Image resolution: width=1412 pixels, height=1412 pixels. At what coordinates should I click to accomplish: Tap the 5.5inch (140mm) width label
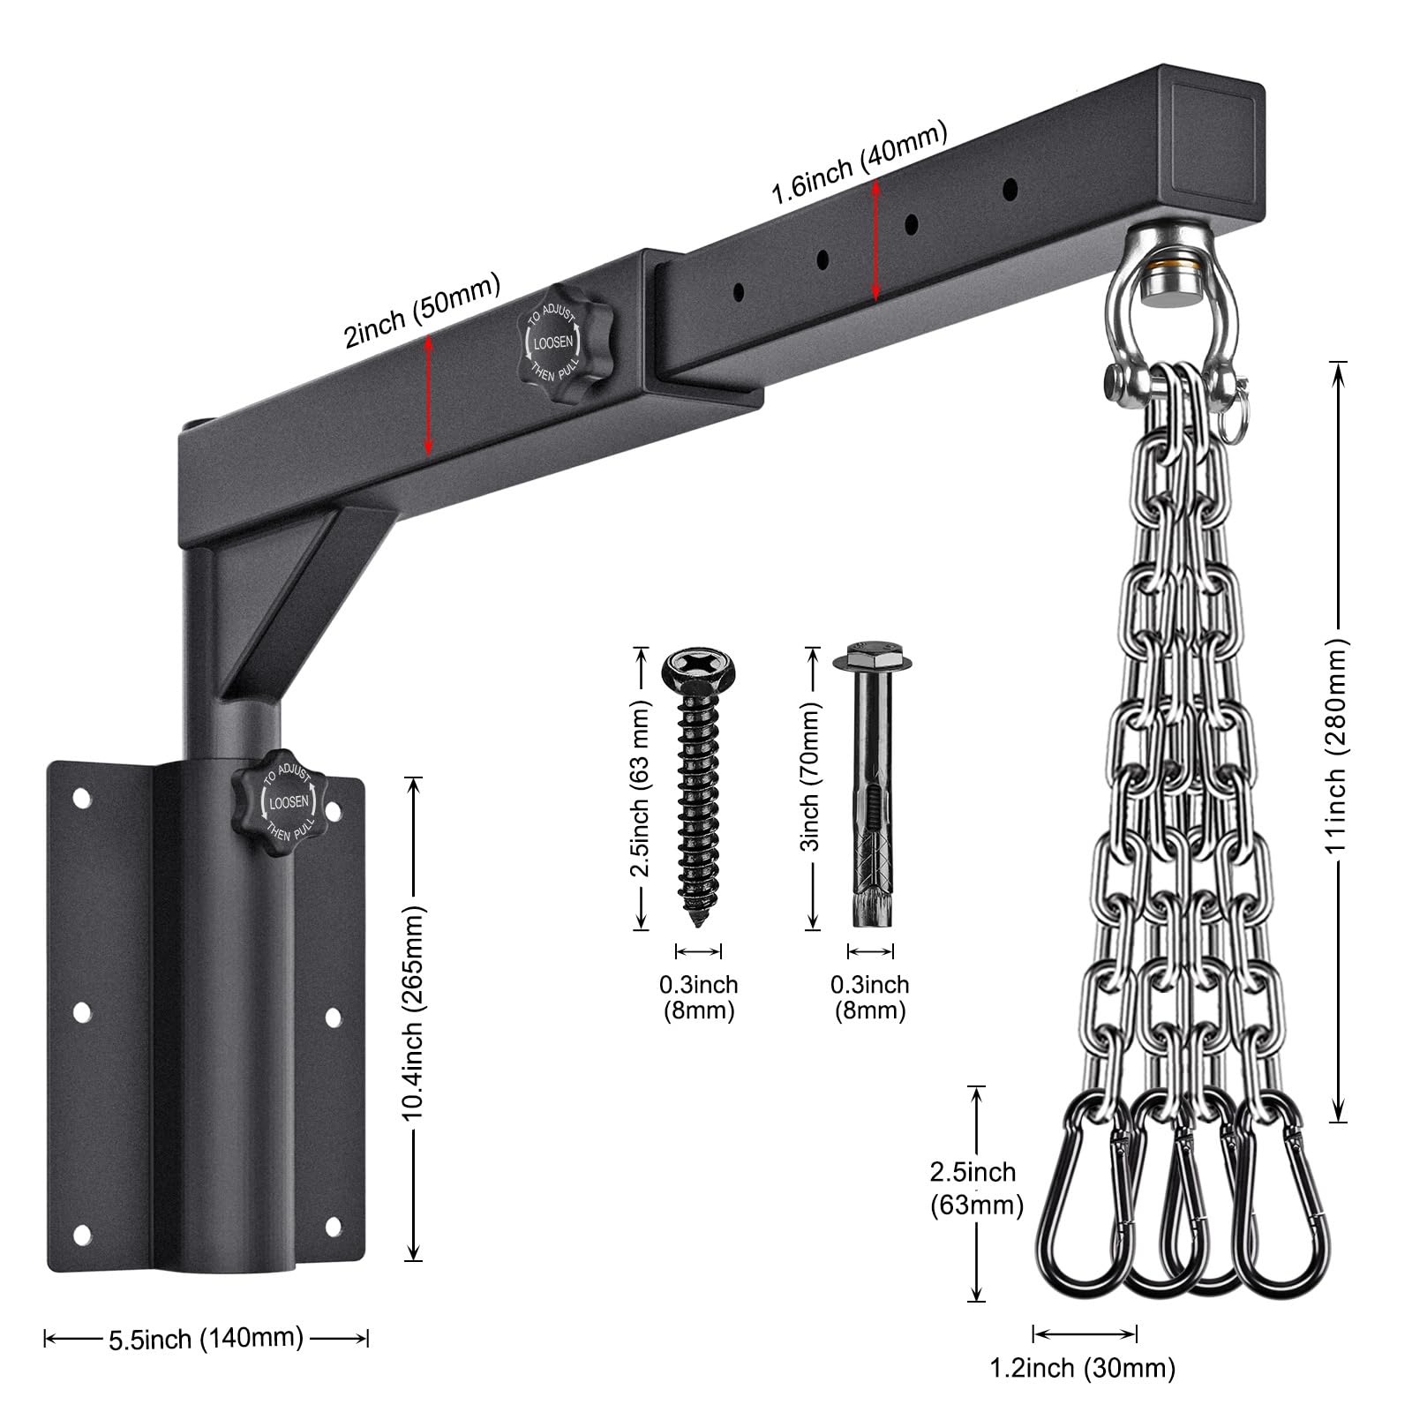(206, 1339)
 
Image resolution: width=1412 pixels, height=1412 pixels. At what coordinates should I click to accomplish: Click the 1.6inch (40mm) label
(860, 164)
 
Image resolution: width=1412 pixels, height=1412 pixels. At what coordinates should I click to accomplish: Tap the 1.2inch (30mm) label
(1082, 1369)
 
